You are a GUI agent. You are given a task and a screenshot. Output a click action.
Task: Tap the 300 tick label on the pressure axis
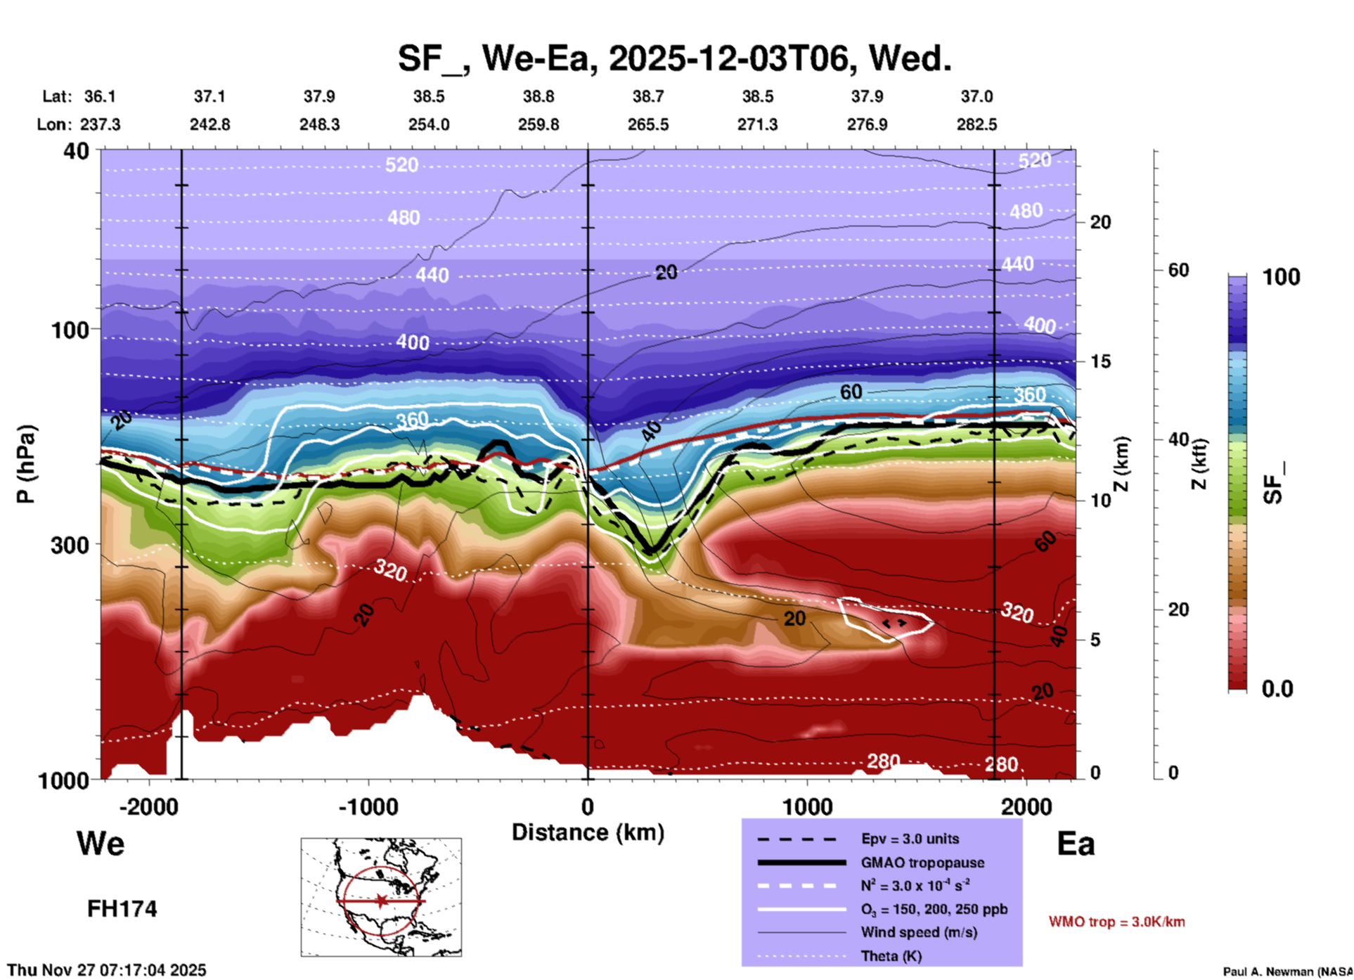pyautogui.click(x=70, y=545)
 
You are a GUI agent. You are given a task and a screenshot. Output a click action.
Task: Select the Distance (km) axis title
pyautogui.click(x=588, y=832)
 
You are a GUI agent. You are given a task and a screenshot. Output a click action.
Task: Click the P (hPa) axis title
pyautogui.click(x=25, y=464)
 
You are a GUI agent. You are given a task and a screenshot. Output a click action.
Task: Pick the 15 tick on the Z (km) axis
pyautogui.click(x=1100, y=361)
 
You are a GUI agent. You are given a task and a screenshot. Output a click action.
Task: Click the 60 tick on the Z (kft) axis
pyautogui.click(x=1178, y=270)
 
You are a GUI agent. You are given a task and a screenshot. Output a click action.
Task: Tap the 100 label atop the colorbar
pyautogui.click(x=1281, y=277)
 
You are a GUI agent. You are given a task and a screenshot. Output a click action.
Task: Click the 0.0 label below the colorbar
pyautogui.click(x=1277, y=689)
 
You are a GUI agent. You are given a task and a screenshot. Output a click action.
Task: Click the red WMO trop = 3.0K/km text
pyautogui.click(x=1116, y=922)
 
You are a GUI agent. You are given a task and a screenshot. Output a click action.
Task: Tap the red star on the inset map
pyautogui.click(x=381, y=901)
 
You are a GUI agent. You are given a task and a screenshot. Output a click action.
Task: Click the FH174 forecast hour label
pyautogui.click(x=122, y=909)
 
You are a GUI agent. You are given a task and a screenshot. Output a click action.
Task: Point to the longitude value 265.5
pyautogui.click(x=647, y=124)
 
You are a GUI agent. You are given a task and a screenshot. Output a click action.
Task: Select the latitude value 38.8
pyautogui.click(x=538, y=96)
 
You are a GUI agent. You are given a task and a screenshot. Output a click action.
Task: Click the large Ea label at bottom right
pyautogui.click(x=1076, y=844)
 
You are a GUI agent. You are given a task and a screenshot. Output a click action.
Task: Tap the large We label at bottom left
pyautogui.click(x=101, y=844)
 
